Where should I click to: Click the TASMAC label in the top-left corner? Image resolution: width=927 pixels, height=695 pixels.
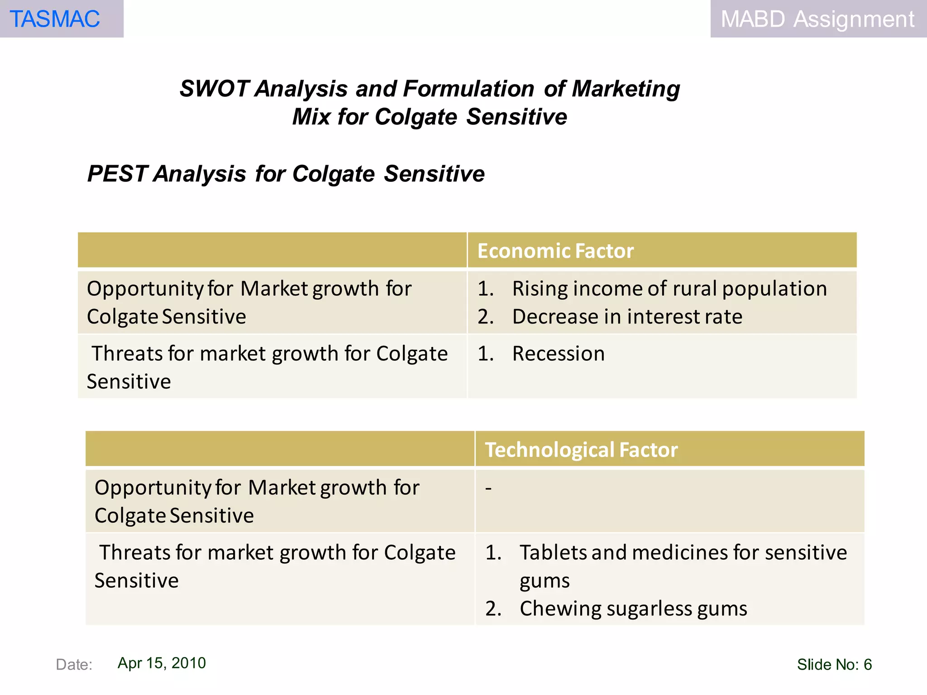(55, 19)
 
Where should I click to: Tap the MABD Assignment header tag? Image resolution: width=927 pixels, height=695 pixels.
(817, 19)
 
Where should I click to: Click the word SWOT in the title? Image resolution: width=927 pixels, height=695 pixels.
(214, 89)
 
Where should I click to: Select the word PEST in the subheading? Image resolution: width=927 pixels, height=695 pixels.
(117, 174)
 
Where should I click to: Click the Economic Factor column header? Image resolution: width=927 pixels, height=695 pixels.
(555, 251)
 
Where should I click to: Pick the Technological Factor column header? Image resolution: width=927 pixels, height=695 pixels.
(581, 450)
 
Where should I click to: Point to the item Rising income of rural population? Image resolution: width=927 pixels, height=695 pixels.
(669, 289)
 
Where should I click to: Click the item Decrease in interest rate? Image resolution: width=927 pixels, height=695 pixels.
(627, 317)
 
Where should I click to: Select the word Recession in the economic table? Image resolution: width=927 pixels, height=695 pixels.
(558, 354)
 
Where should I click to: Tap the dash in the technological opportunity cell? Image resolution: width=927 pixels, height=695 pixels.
(488, 488)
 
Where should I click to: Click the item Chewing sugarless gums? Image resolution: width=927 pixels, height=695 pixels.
(633, 609)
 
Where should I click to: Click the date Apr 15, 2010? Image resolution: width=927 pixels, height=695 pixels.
(162, 663)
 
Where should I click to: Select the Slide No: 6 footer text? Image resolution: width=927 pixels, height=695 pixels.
(834, 664)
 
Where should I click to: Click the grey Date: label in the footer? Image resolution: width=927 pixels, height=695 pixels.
(74, 665)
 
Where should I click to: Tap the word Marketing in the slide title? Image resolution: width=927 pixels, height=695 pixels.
(626, 89)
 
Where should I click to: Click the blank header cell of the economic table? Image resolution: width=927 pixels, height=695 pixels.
(272, 250)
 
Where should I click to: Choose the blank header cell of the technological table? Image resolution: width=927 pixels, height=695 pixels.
(280, 449)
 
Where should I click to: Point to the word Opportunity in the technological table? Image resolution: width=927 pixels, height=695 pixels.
(153, 488)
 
